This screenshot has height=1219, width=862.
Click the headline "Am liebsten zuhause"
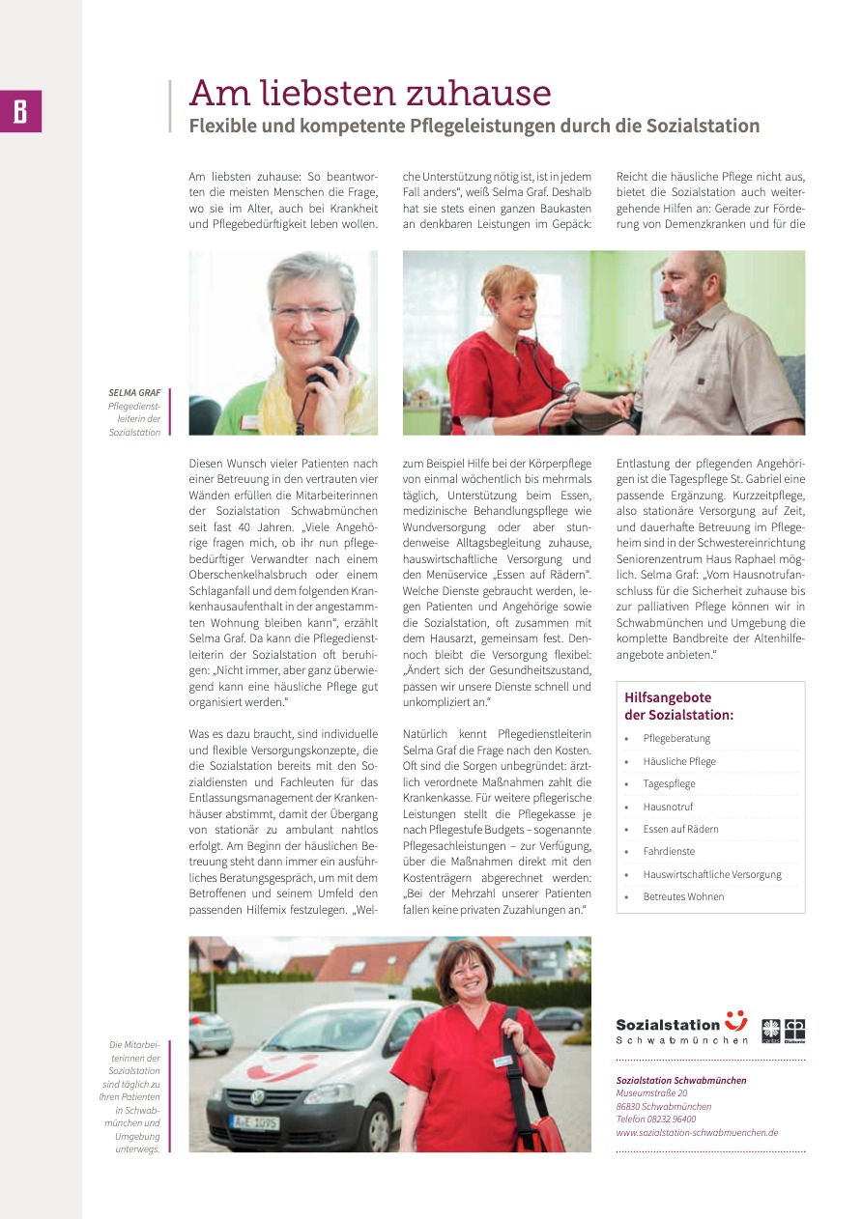(370, 94)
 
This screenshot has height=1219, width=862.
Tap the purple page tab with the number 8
(20, 111)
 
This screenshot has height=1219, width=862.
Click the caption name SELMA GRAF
(135, 393)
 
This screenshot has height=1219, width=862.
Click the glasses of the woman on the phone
(306, 313)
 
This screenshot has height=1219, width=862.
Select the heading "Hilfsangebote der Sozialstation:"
(678, 706)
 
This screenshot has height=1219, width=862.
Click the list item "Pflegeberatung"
(676, 739)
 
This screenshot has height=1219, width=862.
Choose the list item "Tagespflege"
(669, 784)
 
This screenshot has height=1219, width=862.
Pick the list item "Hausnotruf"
(668, 807)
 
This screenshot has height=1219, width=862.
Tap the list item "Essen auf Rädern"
(680, 829)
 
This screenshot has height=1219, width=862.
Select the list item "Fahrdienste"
(669, 852)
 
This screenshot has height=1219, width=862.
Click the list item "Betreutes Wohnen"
(683, 896)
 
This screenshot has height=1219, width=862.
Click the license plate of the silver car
(254, 1122)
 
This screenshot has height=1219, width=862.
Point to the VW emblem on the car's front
(256, 1097)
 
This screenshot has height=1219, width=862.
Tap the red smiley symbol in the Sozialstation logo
(736, 1020)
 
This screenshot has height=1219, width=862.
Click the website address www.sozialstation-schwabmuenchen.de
(697, 1133)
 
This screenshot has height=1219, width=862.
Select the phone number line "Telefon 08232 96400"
(655, 1120)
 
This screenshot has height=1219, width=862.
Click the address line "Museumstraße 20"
(651, 1093)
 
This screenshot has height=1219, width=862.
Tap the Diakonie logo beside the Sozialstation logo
(794, 1030)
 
